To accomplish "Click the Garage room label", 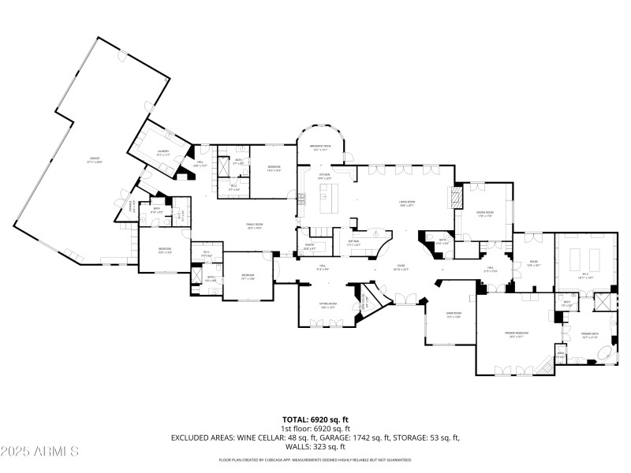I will tap(95, 162).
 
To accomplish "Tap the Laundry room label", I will tap(163, 151).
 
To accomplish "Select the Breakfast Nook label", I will tap(320, 148).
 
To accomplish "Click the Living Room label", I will tap(406, 203).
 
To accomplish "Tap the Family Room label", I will tap(254, 225).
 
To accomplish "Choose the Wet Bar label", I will tap(354, 244).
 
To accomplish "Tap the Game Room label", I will tap(453, 315).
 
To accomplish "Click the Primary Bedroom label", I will tap(517, 333).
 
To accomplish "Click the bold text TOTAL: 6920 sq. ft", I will tap(315, 419).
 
